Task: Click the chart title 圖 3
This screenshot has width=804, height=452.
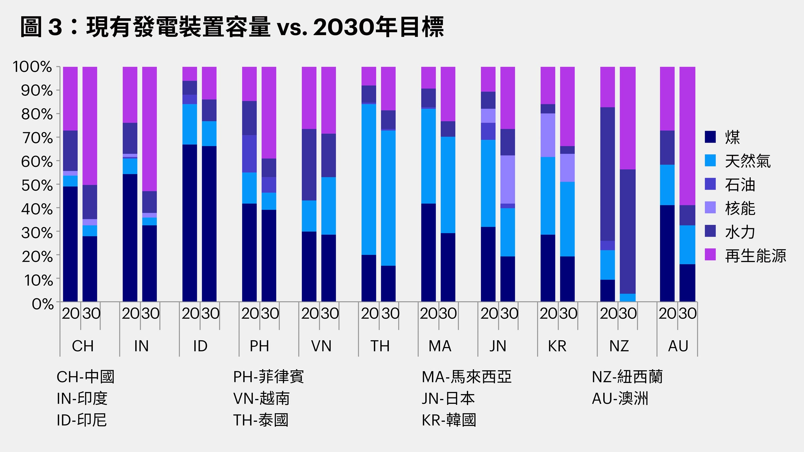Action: pos(232,27)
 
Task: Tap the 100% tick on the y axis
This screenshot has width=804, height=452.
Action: pos(32,67)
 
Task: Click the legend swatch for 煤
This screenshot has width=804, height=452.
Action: pos(710,137)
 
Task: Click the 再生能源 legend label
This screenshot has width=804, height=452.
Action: pos(755,256)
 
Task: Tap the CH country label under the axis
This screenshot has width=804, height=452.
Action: pos(83,346)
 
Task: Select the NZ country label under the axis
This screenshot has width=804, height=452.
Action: pos(619,346)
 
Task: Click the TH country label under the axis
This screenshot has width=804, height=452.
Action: pos(380,346)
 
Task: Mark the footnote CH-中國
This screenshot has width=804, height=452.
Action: pos(85,377)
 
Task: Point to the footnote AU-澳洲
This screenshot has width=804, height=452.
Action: pos(620,399)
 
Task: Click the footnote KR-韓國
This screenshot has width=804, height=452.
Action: pos(449,420)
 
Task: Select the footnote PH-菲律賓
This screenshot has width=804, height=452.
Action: pos(268,377)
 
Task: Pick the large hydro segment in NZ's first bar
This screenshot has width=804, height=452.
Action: pos(608,174)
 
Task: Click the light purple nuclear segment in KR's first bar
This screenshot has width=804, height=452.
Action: pos(548,135)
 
